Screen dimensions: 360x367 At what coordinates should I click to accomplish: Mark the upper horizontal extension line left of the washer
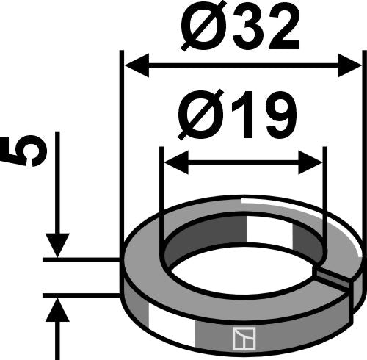pyautogui.click(x=81, y=259)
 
